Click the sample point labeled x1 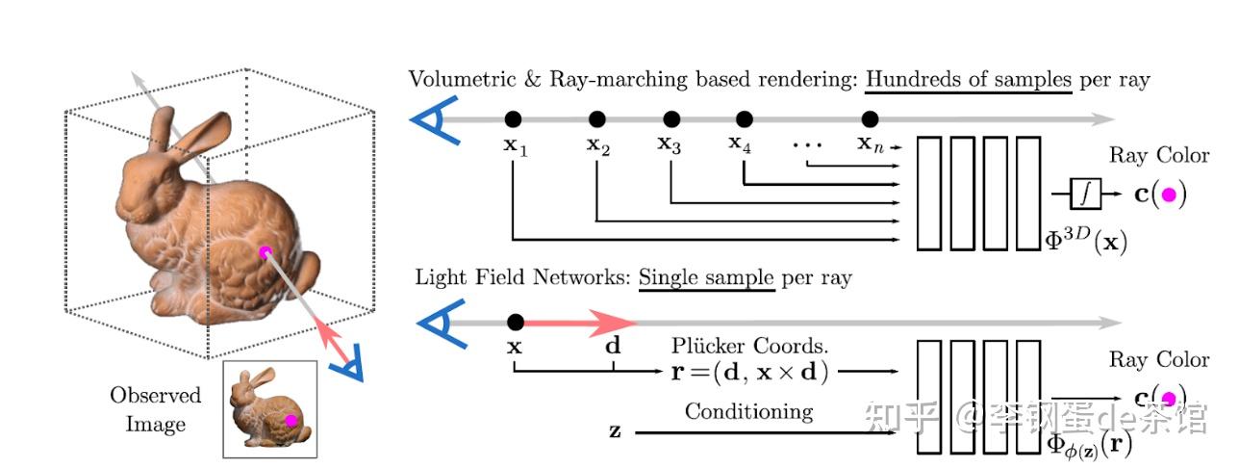pyautogui.click(x=514, y=118)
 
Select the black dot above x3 pyautogui.click(x=671, y=118)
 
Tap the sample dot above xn pyautogui.click(x=870, y=118)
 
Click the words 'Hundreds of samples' pyautogui.click(x=968, y=79)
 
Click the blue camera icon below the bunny pyautogui.click(x=343, y=365)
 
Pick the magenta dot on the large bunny pyautogui.click(x=265, y=252)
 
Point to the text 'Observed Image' pyautogui.click(x=155, y=409)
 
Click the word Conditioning pyautogui.click(x=748, y=412)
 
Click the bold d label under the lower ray pyautogui.click(x=613, y=346)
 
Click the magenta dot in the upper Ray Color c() pyautogui.click(x=1169, y=195)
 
